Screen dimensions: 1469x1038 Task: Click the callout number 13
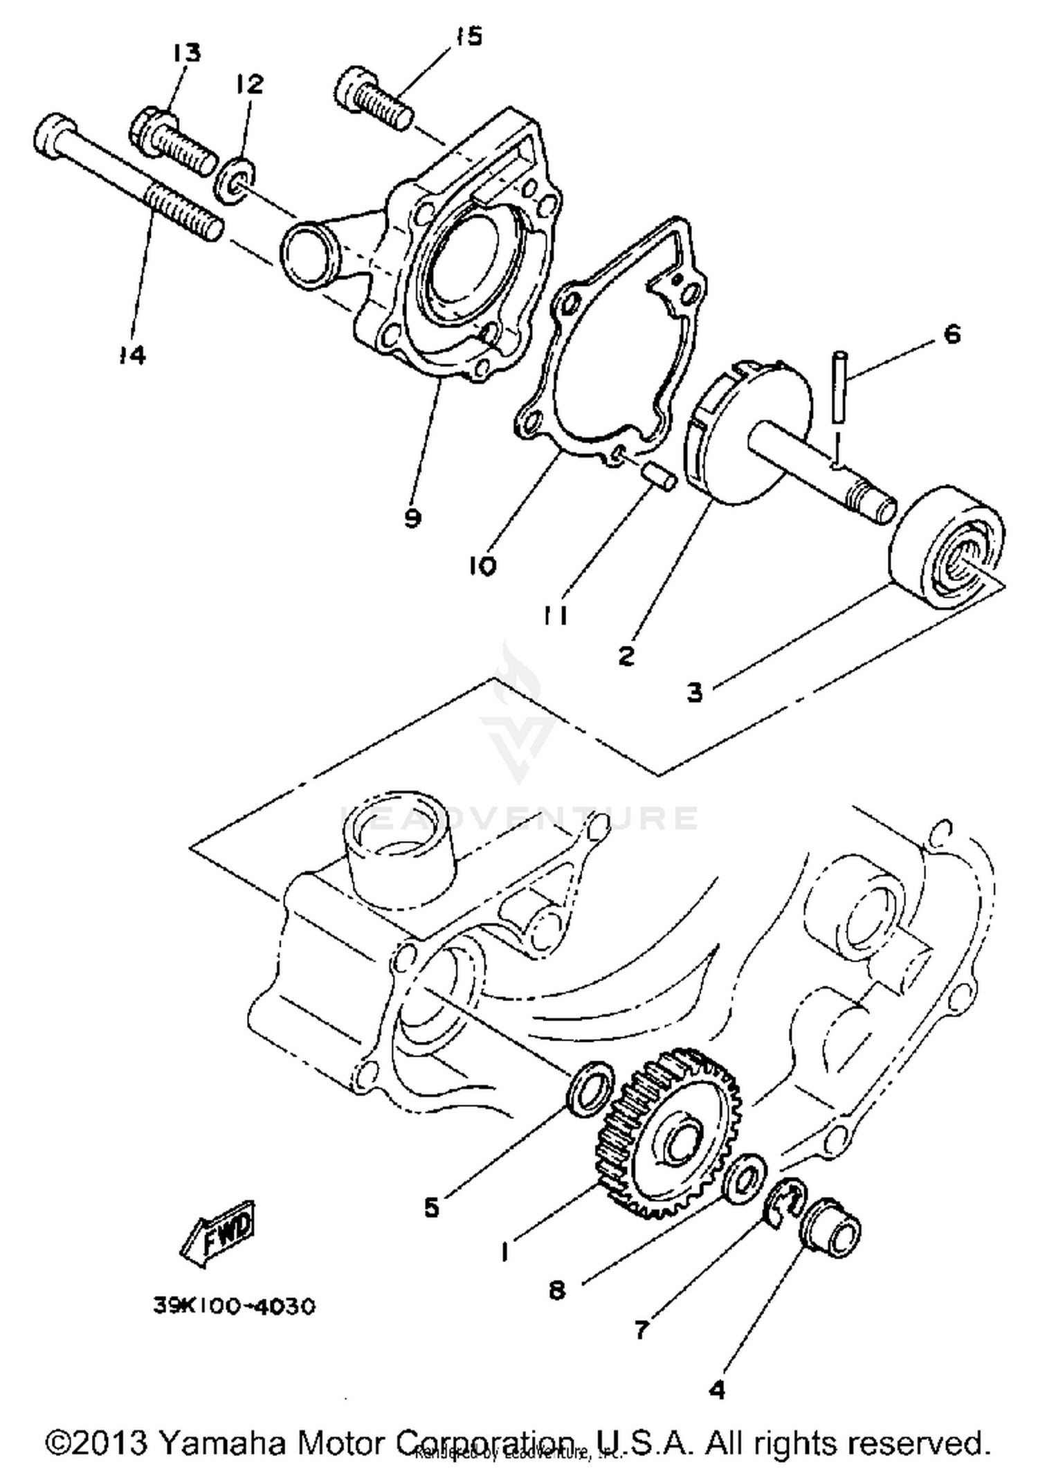click(x=186, y=53)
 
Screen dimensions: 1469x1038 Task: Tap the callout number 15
click(x=469, y=37)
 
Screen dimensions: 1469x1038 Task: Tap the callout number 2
click(x=626, y=655)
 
